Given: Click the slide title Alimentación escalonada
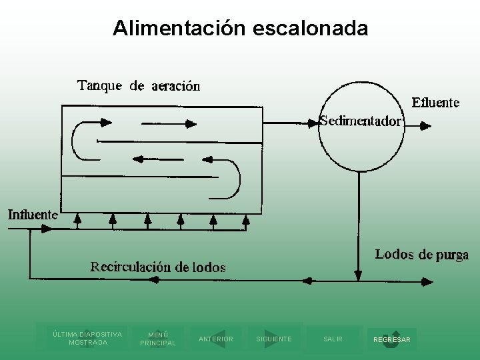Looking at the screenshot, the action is click(x=240, y=28).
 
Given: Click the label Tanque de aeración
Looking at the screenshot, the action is click(x=139, y=86).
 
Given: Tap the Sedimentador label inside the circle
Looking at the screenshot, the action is click(x=361, y=121).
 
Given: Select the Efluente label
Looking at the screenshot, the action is click(x=435, y=103).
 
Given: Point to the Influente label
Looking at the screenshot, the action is click(x=33, y=215).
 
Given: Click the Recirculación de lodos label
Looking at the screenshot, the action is click(x=158, y=267).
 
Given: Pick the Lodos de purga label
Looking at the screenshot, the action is click(x=421, y=255).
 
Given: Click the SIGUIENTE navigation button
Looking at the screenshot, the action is click(x=273, y=339).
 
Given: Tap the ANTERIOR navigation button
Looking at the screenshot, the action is click(x=216, y=339).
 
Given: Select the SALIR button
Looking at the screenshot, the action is click(x=333, y=339).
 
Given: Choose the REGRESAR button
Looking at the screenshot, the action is click(x=392, y=339).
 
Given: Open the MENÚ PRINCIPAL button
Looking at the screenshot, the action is click(x=158, y=339).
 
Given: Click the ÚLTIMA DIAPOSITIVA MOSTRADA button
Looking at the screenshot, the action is click(x=87, y=338).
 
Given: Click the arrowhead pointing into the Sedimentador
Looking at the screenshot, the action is click(x=313, y=123).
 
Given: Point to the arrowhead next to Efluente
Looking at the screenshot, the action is click(x=424, y=124).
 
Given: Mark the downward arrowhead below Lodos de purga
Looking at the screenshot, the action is click(x=358, y=275).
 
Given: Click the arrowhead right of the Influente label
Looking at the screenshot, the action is click(x=47, y=228).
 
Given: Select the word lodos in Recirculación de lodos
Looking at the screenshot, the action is click(x=209, y=267).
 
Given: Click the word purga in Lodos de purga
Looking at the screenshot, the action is click(x=452, y=255).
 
